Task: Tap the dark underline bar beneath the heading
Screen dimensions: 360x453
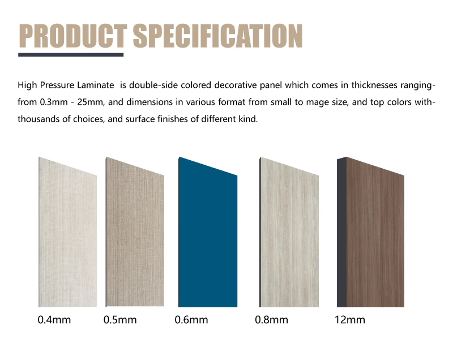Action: point(71,55)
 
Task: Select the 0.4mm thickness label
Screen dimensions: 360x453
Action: point(54,320)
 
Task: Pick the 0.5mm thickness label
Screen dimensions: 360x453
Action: point(120,320)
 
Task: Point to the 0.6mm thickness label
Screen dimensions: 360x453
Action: point(191,320)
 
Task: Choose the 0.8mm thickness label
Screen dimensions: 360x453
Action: point(272,320)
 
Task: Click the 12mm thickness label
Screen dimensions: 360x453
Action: point(349,320)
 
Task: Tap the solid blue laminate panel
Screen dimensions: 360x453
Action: point(207,238)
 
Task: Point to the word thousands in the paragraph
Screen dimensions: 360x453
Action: point(38,120)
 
